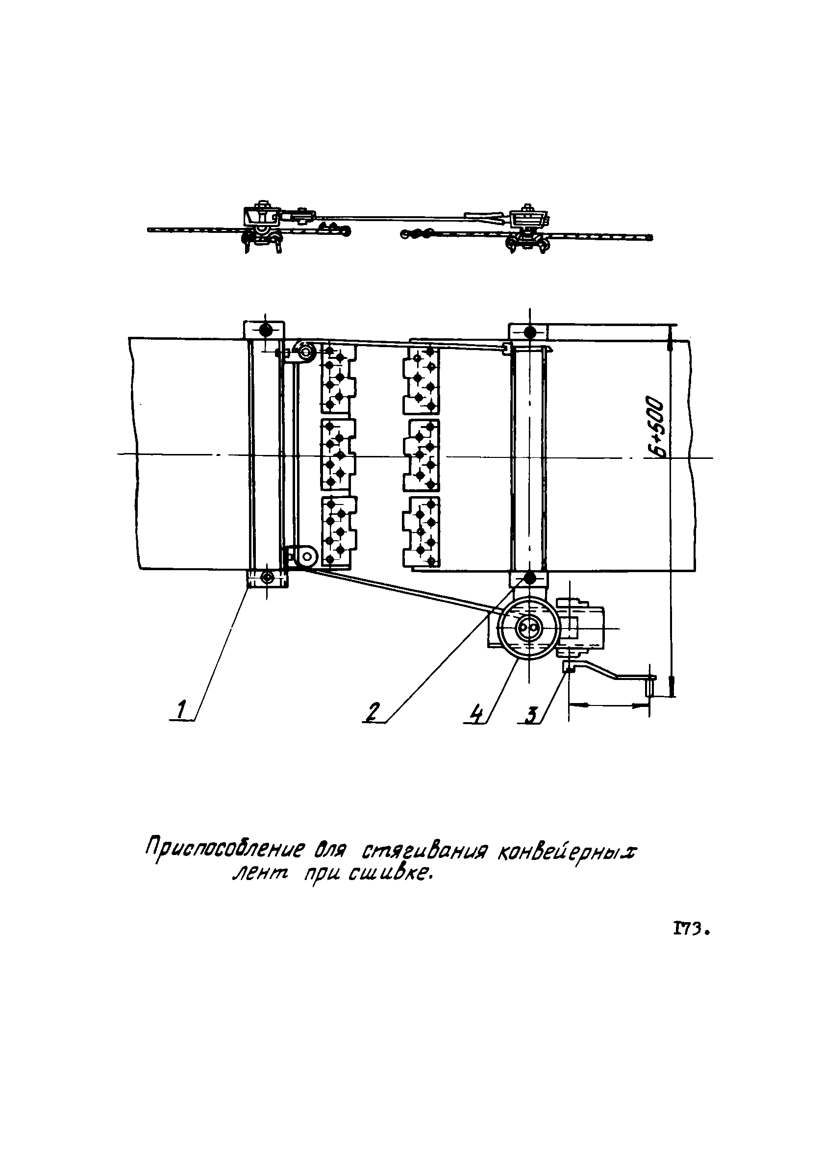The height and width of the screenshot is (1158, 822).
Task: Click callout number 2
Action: tap(373, 713)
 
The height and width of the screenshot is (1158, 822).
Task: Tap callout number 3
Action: tap(530, 715)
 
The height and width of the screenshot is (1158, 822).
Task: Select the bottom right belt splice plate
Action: tap(421, 532)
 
